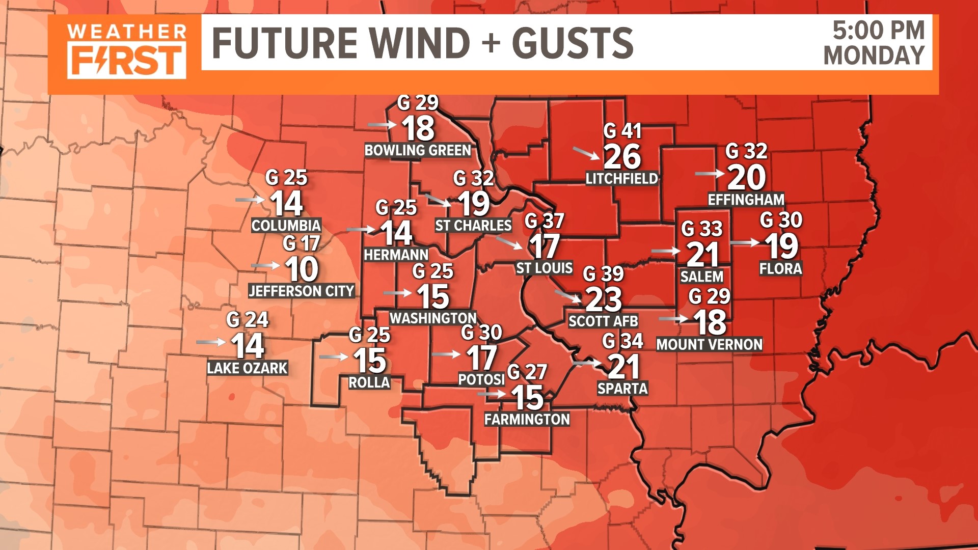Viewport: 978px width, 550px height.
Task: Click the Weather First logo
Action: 126,51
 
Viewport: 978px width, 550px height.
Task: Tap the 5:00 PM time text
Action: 878,31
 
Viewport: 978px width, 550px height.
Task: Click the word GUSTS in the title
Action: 573,43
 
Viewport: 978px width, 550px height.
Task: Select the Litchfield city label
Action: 621,179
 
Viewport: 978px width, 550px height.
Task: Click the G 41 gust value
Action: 622,131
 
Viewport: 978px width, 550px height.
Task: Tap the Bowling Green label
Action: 418,151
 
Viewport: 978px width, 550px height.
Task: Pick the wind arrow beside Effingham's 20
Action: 710,174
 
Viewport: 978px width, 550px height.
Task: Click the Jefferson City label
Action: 301,291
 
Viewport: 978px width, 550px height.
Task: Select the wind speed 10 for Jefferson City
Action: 302,269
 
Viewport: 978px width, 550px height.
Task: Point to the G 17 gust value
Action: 302,244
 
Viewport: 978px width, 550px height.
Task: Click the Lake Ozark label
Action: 247,368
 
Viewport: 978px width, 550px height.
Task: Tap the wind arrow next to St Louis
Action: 509,242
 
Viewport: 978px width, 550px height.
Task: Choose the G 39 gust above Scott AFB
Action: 603,274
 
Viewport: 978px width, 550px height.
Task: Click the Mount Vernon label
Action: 709,345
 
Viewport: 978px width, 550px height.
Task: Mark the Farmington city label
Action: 527,420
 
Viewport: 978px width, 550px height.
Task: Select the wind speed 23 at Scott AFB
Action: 604,299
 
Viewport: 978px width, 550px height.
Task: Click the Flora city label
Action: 780,269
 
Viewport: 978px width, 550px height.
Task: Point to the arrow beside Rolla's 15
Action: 334,357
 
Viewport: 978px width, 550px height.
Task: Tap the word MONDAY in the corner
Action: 874,55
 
